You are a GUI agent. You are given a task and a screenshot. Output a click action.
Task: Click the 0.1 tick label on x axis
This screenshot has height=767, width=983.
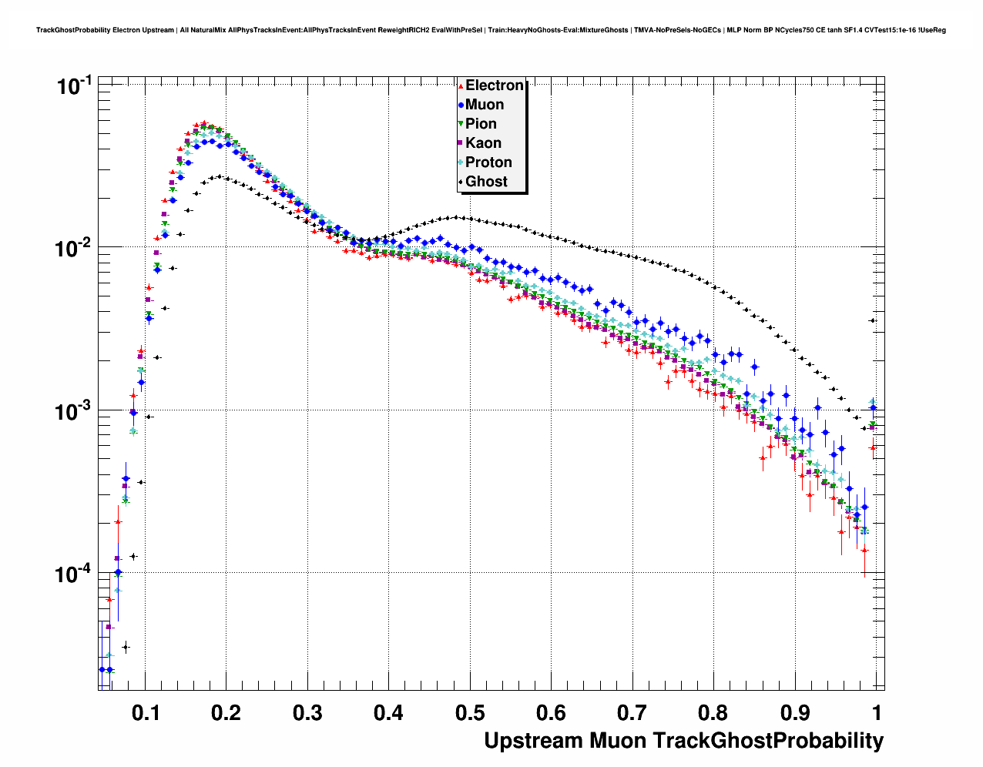pyautogui.click(x=146, y=712)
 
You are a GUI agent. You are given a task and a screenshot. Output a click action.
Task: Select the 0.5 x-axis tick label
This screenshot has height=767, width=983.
pyautogui.click(x=470, y=712)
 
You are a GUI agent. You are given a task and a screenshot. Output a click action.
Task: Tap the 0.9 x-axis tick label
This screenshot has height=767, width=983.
pyautogui.click(x=794, y=712)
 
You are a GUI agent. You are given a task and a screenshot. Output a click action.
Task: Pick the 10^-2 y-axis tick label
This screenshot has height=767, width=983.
pyautogui.click(x=73, y=248)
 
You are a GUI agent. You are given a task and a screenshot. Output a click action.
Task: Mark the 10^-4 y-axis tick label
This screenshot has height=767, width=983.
pyautogui.click(x=73, y=574)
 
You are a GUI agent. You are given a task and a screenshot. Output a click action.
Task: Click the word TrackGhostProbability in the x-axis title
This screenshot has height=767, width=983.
pyautogui.click(x=768, y=741)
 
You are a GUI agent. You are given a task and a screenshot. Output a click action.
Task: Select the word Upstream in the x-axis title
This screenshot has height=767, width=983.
pyautogui.click(x=533, y=741)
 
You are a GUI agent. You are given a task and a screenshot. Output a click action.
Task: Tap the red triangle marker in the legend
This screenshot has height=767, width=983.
pyautogui.click(x=461, y=85)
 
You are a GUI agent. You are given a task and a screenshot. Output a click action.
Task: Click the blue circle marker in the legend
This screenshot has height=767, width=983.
pyautogui.click(x=461, y=105)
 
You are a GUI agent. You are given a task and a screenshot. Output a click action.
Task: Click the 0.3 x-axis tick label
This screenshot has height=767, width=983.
pyautogui.click(x=307, y=712)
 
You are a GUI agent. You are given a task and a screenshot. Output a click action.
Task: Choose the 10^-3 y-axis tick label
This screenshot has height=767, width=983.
pyautogui.click(x=73, y=411)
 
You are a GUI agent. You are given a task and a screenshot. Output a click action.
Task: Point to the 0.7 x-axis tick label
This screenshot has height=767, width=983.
pyautogui.click(x=632, y=712)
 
